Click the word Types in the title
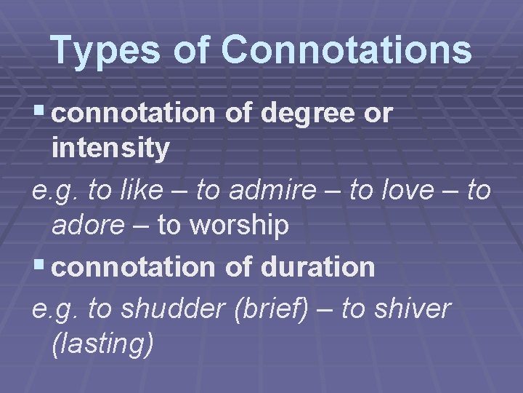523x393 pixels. [109, 50]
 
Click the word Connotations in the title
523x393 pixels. [346, 50]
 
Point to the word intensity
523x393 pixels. [110, 149]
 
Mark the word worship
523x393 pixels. [240, 226]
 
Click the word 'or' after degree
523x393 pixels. [381, 114]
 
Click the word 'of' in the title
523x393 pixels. [195, 50]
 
